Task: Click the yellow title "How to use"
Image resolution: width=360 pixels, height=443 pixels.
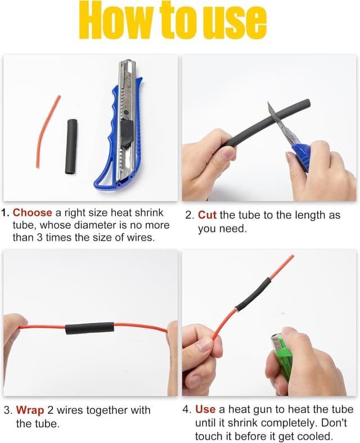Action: [x=173, y=20]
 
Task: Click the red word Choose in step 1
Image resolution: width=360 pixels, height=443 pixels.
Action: [x=33, y=213]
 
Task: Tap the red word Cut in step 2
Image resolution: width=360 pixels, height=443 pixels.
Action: [x=207, y=215]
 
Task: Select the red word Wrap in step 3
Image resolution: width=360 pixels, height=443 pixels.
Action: [x=30, y=410]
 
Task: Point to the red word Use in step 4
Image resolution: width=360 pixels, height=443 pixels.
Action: [x=205, y=409]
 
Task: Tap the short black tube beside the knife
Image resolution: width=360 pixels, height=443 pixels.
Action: [x=71, y=146]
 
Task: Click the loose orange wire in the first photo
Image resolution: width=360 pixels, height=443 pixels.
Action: [x=47, y=132]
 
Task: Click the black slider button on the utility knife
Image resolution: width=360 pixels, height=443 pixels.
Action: [x=127, y=133]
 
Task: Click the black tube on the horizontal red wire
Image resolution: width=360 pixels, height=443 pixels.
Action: [x=90, y=328]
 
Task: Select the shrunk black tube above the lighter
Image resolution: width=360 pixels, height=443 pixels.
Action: [x=253, y=295]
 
